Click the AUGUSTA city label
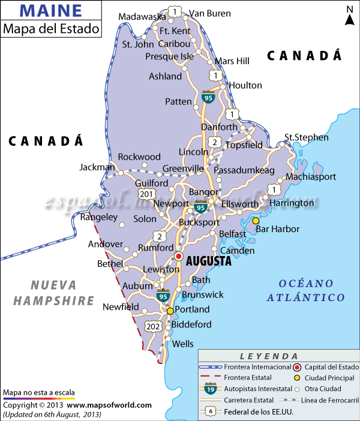point(209,261)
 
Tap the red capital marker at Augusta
point(178,257)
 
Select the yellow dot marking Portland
point(170,311)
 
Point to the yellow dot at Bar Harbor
point(256,221)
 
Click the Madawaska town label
point(142,16)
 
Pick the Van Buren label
point(209,13)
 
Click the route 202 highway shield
point(152,326)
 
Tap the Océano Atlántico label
point(306,290)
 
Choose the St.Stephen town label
point(307,137)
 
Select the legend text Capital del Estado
point(331,367)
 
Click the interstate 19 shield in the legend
point(211,388)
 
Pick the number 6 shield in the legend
point(211,411)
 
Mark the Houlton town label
point(245,86)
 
